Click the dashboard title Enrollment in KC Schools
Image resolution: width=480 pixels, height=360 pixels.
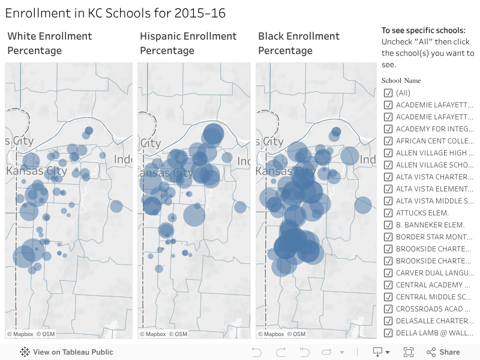point(115,13)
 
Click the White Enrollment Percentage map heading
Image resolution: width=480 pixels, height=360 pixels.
point(50,43)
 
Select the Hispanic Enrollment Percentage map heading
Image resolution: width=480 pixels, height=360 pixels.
point(188,43)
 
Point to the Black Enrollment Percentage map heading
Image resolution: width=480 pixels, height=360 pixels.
point(299,43)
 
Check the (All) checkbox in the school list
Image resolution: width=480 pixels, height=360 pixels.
point(388,93)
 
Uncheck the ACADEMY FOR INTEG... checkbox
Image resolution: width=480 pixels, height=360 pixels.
point(388,129)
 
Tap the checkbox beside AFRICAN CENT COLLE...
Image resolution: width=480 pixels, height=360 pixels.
point(388,141)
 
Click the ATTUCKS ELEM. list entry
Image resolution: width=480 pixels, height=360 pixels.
point(422,213)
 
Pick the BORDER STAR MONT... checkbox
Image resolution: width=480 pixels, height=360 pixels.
point(388,237)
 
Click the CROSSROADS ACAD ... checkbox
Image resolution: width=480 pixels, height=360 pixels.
point(388,309)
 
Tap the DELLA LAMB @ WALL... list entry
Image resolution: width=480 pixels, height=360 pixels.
point(434,333)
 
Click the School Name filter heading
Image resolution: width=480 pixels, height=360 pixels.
point(401,80)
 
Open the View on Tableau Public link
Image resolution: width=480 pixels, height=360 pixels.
point(67,352)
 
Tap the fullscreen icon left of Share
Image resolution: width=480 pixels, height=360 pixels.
point(409,352)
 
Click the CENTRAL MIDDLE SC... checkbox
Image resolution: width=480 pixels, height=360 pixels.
point(388,297)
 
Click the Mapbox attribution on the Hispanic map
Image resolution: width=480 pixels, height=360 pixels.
point(153,334)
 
